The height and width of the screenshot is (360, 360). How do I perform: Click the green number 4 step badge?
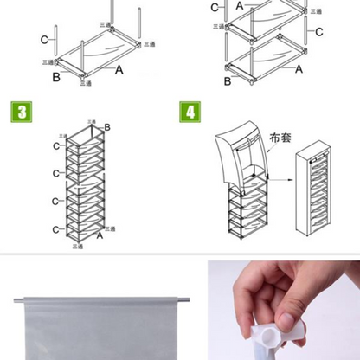pyautogui.click(x=188, y=112)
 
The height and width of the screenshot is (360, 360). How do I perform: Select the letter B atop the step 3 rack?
pyautogui.click(x=107, y=128)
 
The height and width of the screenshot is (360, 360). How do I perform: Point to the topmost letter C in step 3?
pyautogui.click(x=56, y=145)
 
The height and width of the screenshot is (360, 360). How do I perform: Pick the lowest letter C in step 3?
pyautogui.click(x=55, y=228)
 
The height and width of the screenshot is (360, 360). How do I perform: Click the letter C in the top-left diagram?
pyautogui.click(x=44, y=39)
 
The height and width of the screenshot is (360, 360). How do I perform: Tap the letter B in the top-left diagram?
pyautogui.click(x=55, y=77)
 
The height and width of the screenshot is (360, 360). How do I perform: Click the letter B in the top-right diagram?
pyautogui.click(x=228, y=81)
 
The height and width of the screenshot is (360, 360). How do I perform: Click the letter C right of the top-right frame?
pyautogui.click(x=319, y=32)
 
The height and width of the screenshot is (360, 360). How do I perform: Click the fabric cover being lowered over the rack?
pyautogui.click(x=243, y=160)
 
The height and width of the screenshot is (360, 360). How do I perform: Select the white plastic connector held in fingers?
pyautogui.click(x=277, y=334)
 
